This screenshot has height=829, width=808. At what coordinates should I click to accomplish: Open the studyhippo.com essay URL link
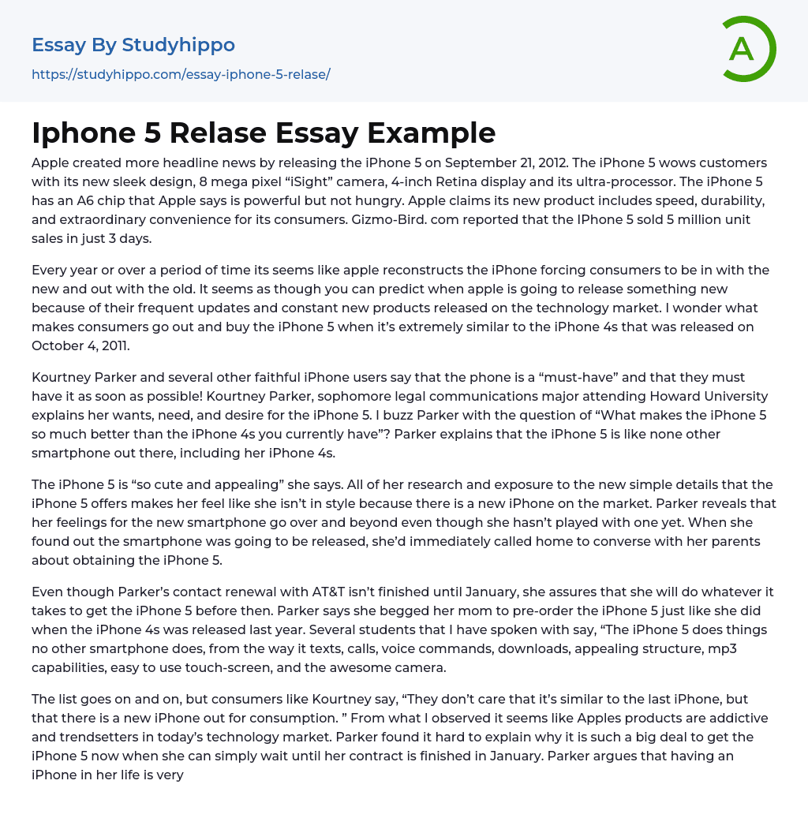tap(181, 74)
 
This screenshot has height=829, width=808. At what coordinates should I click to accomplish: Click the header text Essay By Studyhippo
tap(133, 45)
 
